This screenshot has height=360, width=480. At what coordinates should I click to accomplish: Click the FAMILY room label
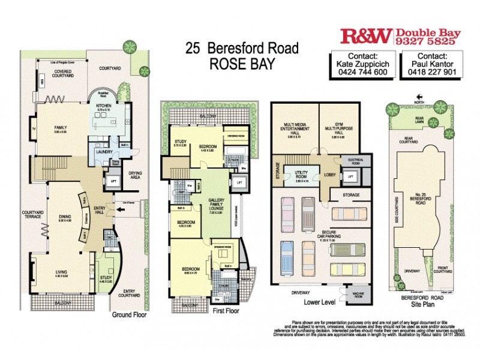[x=59, y=127]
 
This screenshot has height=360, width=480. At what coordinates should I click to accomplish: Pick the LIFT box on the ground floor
[x=114, y=179]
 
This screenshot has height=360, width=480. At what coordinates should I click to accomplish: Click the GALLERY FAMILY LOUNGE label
[x=216, y=205]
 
